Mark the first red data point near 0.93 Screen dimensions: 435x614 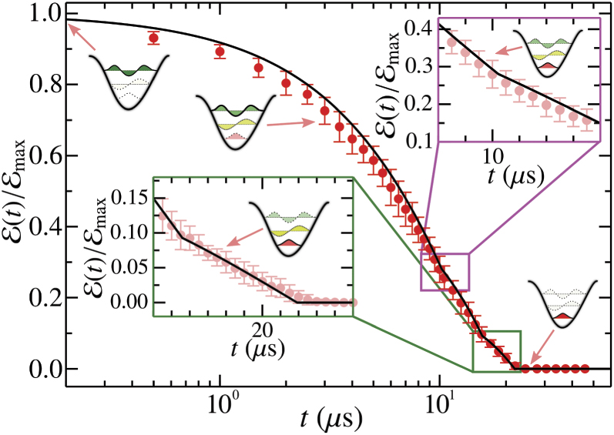click(x=153, y=38)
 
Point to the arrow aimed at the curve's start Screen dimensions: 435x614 click(x=81, y=37)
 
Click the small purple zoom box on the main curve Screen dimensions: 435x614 click(x=445, y=272)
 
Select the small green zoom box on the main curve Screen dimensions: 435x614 click(x=496, y=351)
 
